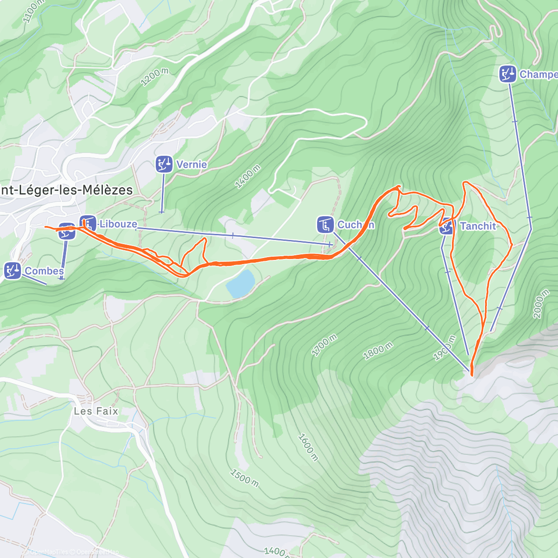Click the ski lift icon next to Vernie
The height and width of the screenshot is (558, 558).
point(163,164)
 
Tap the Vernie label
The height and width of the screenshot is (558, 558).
point(192,164)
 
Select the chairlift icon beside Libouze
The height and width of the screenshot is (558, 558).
point(87,224)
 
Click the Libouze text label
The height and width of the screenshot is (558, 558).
point(118,224)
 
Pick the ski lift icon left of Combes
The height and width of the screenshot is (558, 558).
point(13,271)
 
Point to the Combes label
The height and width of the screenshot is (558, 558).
point(44,271)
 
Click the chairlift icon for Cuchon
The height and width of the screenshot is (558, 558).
point(325,225)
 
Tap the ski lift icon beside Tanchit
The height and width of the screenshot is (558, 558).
point(447,226)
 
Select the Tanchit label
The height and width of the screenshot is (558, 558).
point(478,226)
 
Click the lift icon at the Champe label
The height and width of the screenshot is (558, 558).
point(508,74)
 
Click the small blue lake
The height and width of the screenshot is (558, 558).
point(241,283)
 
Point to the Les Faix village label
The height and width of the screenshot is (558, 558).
point(96,411)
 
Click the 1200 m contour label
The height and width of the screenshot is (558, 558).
point(154,77)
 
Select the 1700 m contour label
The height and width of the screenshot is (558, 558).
point(324,345)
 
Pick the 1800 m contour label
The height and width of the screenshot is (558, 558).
point(378,351)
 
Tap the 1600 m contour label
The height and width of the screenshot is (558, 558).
point(308,447)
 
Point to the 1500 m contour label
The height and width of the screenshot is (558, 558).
point(245,478)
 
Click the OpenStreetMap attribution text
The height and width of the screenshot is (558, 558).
point(98,552)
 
